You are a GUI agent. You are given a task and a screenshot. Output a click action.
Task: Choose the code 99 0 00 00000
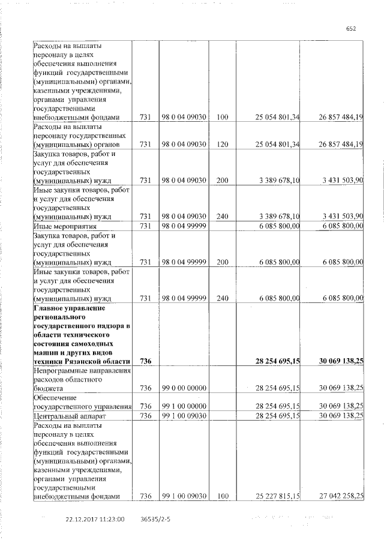[184, 388]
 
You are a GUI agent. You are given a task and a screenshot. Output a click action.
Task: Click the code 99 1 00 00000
[184, 406]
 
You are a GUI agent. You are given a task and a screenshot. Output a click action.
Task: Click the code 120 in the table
[223, 145]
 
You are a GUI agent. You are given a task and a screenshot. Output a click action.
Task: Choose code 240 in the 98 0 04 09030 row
[223, 216]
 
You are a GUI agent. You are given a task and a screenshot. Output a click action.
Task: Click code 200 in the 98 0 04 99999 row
[223, 262]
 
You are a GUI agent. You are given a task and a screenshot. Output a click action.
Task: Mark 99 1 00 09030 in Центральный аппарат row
[184, 415]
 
